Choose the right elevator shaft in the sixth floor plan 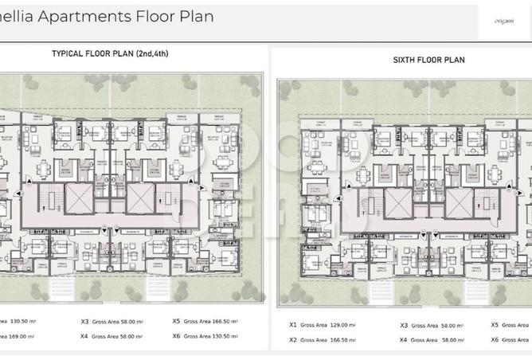460,202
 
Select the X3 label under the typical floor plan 84,323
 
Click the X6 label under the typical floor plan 176,336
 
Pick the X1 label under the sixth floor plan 292,325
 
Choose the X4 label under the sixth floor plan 404,339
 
